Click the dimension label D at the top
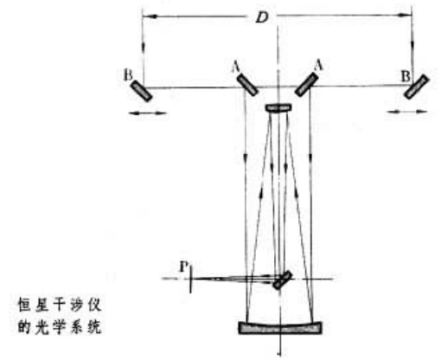262,18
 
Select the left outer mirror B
142,91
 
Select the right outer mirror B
416,87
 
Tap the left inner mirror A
247,85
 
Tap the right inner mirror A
307,85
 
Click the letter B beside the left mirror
128,75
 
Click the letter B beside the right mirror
406,77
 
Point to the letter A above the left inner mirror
236,67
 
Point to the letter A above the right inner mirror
318,66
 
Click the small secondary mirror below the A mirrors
278,108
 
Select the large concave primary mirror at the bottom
280,328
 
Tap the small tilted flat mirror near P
283,280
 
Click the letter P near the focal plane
184,267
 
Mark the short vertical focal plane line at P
190,278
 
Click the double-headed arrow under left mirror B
148,113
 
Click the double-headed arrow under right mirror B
407,112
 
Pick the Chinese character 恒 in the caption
25,305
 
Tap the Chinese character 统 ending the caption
94,327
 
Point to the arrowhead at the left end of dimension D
150,16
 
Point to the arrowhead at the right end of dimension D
405,15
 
